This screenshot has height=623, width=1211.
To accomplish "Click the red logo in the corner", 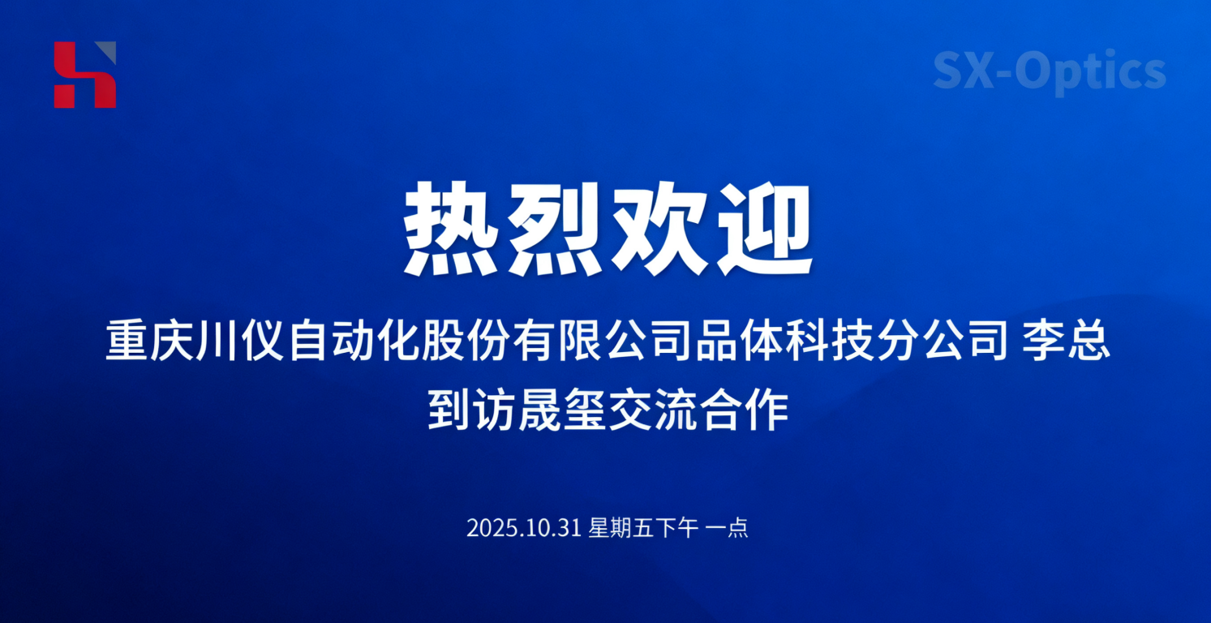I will [x=85, y=75].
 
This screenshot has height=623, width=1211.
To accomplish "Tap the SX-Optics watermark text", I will [x=1049, y=71].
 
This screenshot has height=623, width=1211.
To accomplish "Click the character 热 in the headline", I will [x=453, y=229].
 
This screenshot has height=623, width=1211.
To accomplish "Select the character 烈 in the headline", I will [x=557, y=229].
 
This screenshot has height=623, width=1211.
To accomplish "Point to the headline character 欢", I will [x=659, y=229].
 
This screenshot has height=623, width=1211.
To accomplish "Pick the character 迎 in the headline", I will [x=762, y=229].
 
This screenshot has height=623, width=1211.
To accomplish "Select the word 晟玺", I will [x=560, y=411].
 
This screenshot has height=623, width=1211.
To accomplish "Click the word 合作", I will [x=743, y=411].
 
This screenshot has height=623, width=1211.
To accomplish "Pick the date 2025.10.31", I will [x=524, y=529].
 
